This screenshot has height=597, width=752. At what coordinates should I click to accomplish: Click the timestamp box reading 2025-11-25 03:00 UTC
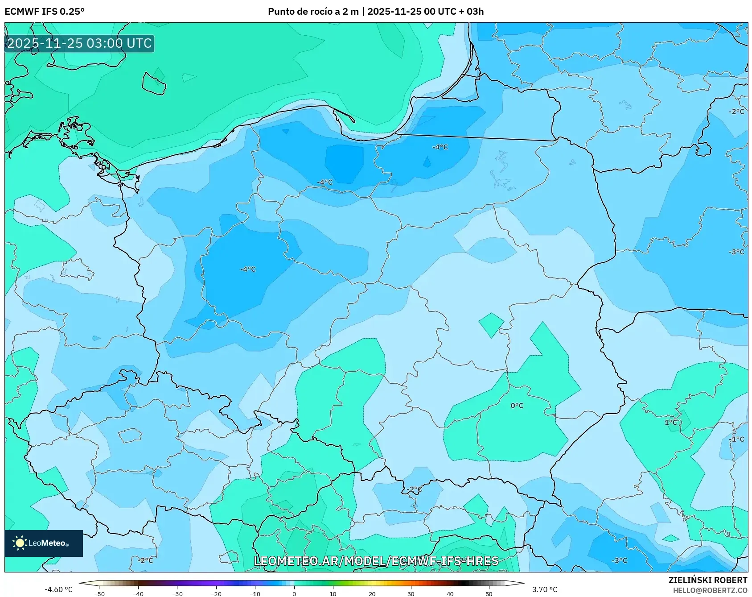pos(79,43)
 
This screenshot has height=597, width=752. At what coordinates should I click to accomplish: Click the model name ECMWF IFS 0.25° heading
pos(45,11)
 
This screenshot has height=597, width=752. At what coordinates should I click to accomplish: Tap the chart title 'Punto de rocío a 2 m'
pos(313,11)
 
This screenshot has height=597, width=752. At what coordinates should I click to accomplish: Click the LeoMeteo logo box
pos(44,543)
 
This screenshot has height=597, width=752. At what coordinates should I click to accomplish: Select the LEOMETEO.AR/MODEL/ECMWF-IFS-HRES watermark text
pos(376,561)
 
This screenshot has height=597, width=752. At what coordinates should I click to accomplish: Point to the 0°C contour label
pos(517,406)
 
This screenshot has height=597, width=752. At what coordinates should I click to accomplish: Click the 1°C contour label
pos(670,422)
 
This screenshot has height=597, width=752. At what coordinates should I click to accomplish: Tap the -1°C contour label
pos(736,439)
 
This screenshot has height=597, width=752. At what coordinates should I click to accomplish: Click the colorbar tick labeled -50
pos(100,593)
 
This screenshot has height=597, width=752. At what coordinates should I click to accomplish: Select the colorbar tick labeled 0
pos(294,593)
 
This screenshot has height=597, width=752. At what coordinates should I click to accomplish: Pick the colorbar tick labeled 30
pos(411,593)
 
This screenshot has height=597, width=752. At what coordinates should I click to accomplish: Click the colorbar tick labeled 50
pos(489,593)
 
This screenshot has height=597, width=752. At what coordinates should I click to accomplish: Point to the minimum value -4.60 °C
pos(58,589)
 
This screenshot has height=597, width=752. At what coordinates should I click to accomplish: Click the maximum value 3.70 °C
pos(545,589)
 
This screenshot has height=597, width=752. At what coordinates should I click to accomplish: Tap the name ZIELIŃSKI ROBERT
pos(707,580)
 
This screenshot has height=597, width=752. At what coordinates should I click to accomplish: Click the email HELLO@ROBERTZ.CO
pos(710,590)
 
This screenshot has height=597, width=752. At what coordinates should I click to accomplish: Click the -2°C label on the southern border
pos(414,489)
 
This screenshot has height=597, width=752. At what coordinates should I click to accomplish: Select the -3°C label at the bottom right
pos(619,560)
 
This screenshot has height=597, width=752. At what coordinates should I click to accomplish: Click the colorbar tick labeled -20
pos(216,593)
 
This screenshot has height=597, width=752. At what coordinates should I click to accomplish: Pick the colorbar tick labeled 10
pos(333,593)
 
